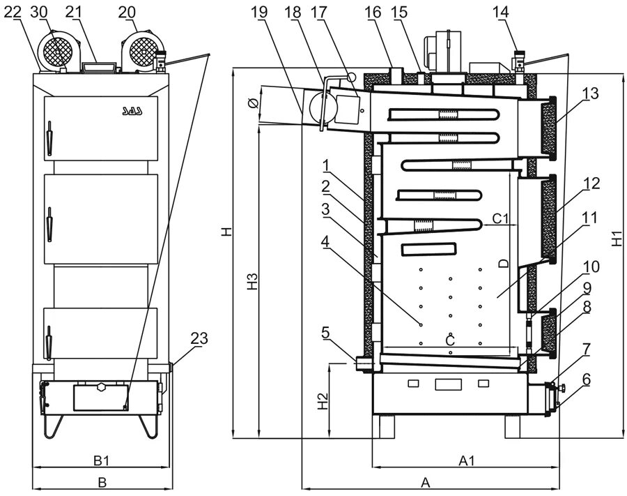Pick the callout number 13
click(591, 95)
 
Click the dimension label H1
click(618, 239)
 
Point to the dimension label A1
click(466, 460)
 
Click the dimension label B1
click(102, 460)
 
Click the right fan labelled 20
click(142, 50)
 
